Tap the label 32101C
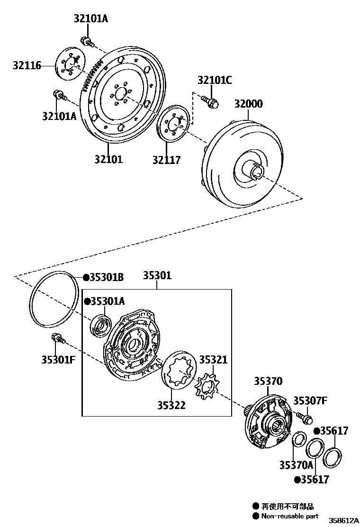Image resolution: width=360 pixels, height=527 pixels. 215,80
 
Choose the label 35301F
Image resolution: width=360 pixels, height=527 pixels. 58,360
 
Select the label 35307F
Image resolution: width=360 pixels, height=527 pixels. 310,401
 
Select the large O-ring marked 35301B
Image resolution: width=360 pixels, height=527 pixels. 54,300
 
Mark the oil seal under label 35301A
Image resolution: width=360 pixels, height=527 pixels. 101,326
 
